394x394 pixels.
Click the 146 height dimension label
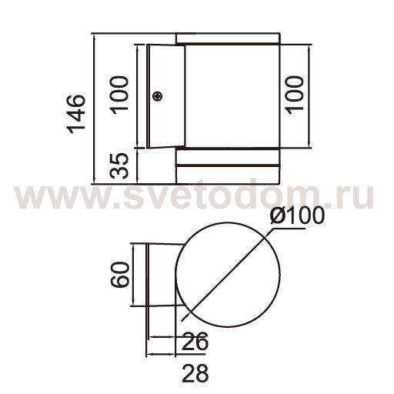pos(75,114)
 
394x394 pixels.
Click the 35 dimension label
pos(119,165)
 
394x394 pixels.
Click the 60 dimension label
pos(119,274)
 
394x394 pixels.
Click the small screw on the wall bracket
pos(157,96)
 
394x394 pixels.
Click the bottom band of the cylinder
pos(227,165)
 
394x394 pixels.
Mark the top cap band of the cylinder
pos(227,38)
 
